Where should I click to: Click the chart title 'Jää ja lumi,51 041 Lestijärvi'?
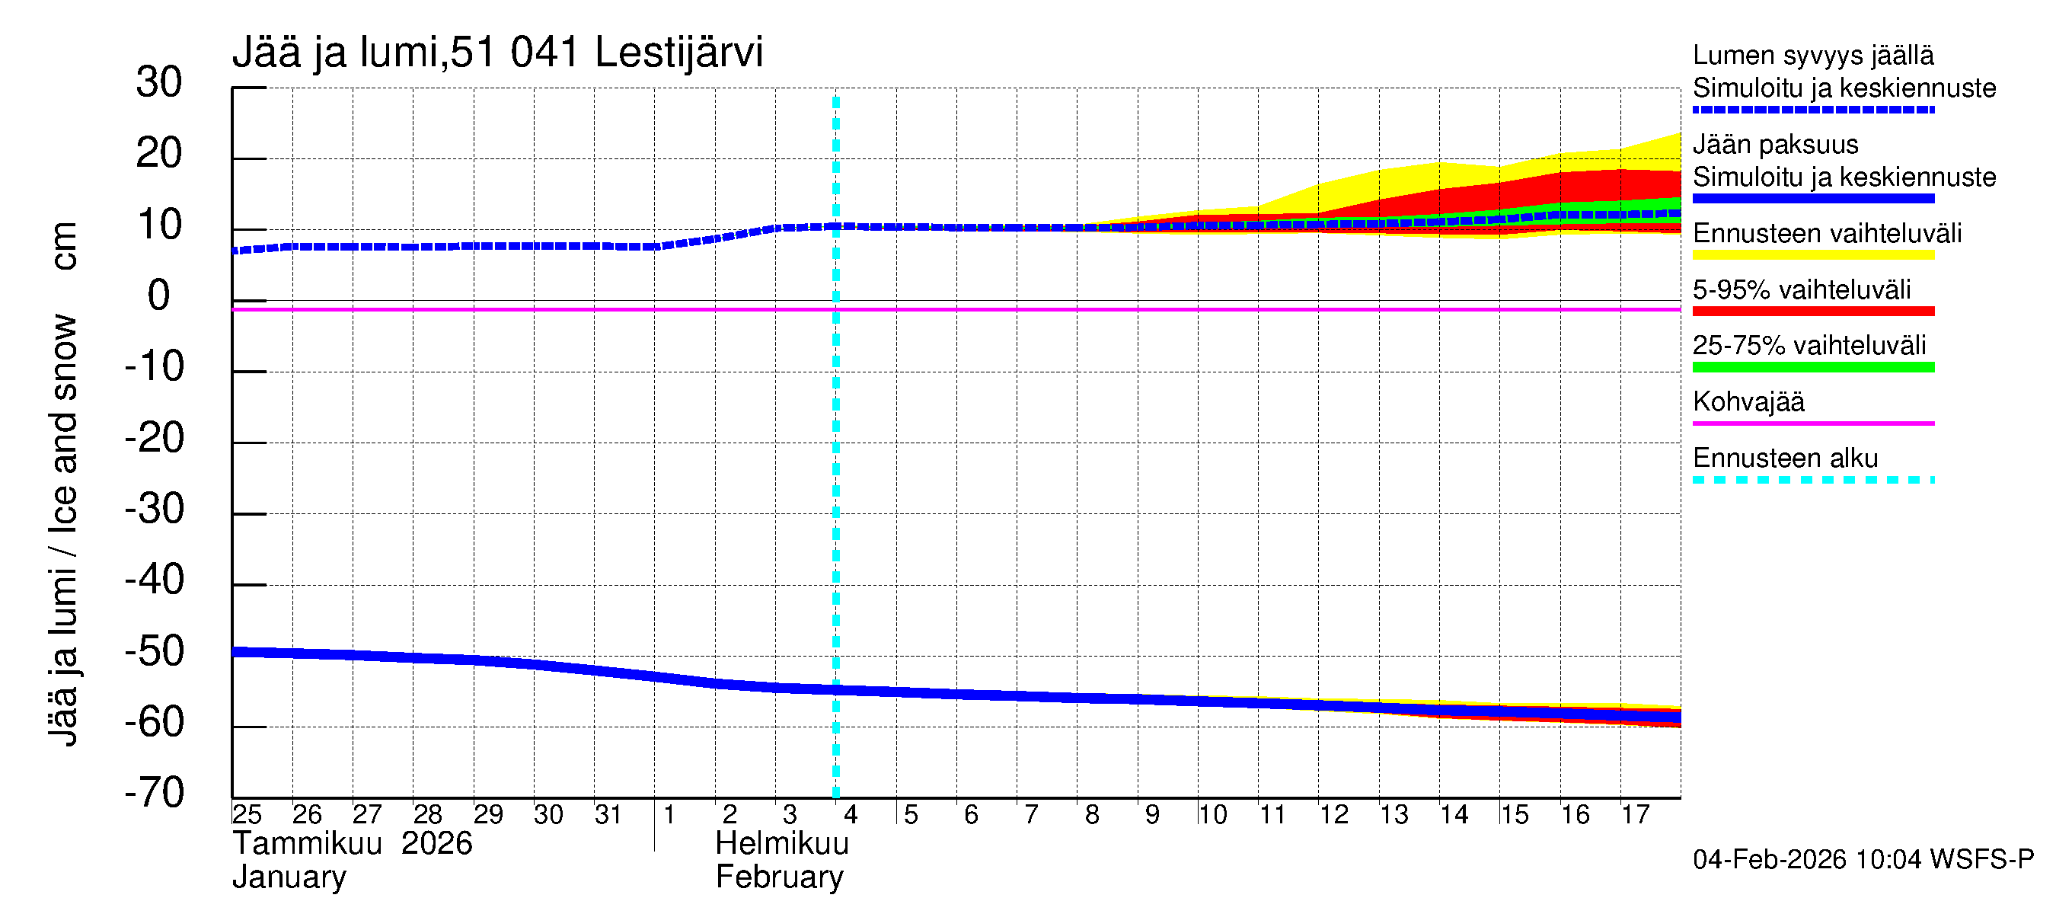[497, 53]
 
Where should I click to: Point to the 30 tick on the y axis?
[159, 82]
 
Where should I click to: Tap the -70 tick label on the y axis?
[154, 793]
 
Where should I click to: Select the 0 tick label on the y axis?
[159, 296]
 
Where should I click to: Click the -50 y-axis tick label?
[154, 650]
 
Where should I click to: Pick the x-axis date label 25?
[247, 814]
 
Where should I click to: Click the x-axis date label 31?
[608, 814]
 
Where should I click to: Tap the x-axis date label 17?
[1635, 814]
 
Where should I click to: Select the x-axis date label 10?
[1212, 814]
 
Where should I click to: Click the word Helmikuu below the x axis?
[781, 844]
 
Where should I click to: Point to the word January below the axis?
[289, 877]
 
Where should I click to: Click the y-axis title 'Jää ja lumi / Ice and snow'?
[63, 530]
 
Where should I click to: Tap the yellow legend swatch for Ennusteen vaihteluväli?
[1812, 255]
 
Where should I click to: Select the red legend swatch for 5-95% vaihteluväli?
[1812, 312]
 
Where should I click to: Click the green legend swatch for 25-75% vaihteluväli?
[1812, 367]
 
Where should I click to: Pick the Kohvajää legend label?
[1748, 401]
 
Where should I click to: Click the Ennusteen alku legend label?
[1785, 459]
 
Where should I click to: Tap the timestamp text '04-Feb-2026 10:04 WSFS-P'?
[1863, 860]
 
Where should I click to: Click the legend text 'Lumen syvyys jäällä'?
[1812, 55]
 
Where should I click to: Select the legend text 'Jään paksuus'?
[1775, 145]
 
